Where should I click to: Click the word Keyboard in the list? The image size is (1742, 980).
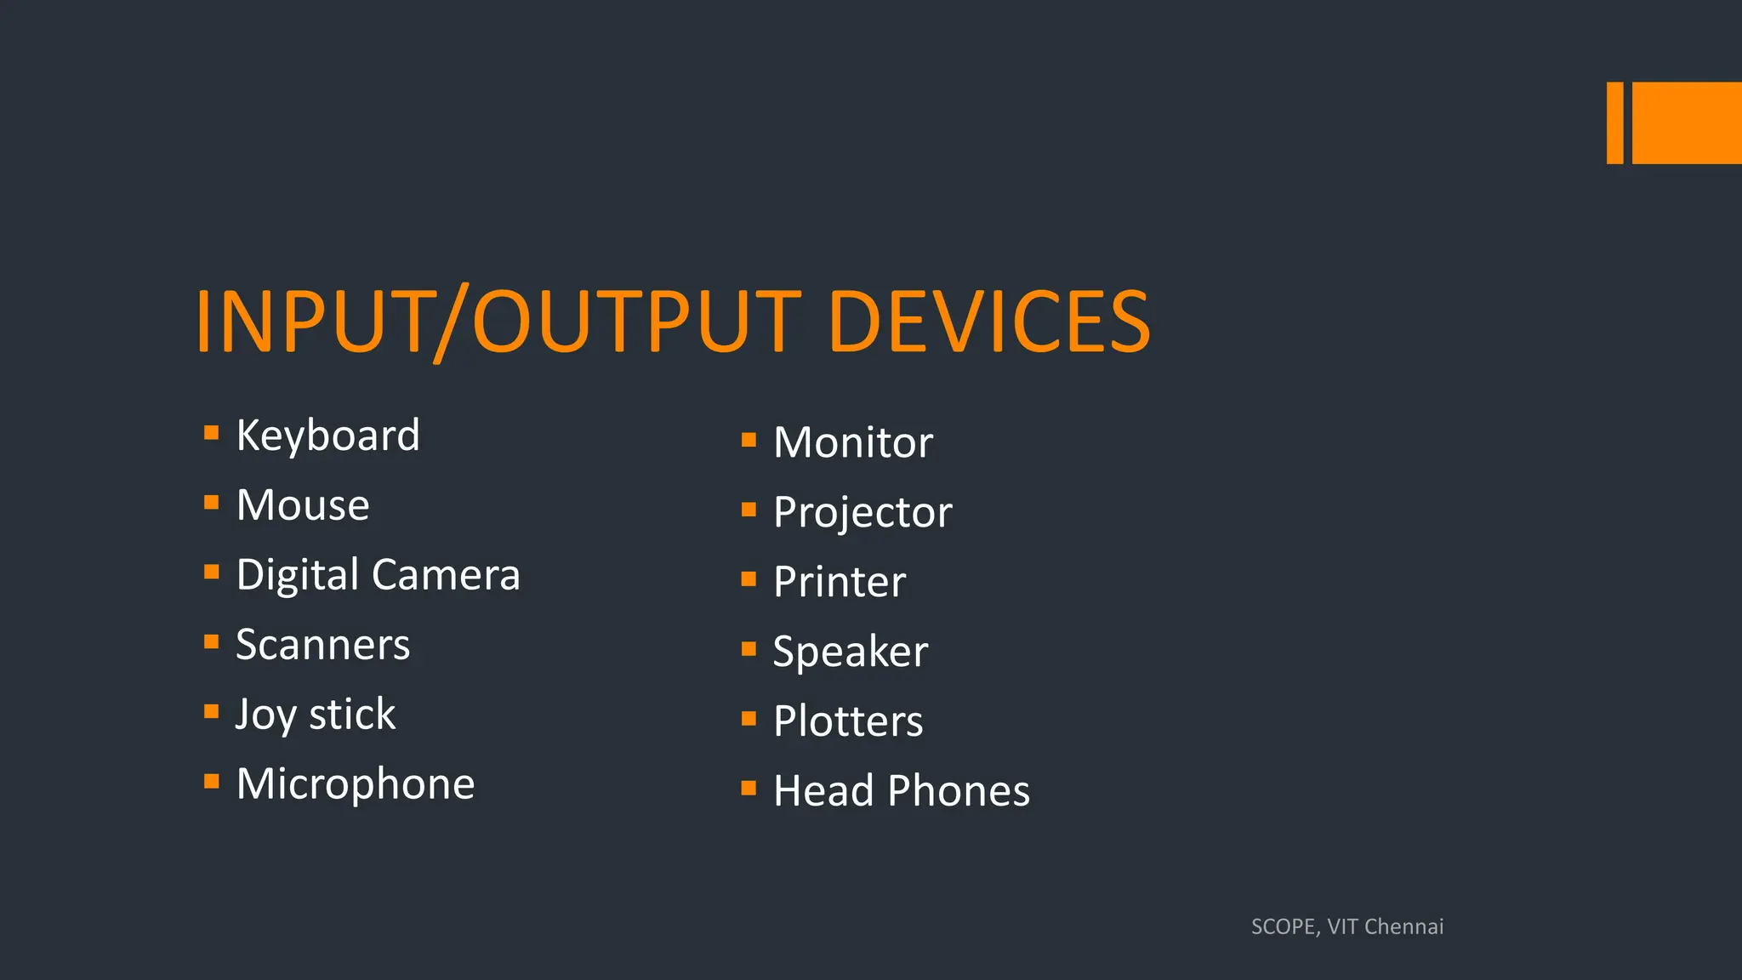(327, 436)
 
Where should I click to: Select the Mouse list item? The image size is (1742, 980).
(303, 505)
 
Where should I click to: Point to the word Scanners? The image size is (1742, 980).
(323, 645)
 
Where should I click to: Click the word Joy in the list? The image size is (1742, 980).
(265, 715)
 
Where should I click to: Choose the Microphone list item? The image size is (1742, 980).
(356, 784)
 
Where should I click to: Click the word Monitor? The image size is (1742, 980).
(853, 442)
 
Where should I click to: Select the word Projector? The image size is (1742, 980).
(862, 512)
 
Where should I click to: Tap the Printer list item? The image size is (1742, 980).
(840, 582)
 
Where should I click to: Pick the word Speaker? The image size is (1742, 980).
(851, 652)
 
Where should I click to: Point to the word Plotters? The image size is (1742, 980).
(848, 721)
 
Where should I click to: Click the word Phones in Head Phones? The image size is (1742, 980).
(959, 791)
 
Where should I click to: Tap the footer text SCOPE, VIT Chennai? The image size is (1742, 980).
(1347, 926)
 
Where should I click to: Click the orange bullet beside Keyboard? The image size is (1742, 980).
(212, 432)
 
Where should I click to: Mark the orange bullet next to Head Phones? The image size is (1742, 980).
(749, 788)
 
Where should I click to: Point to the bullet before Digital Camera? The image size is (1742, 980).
(212, 572)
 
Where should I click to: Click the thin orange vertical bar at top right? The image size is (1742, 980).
(1614, 122)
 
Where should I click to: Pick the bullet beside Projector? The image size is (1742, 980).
(749, 510)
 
